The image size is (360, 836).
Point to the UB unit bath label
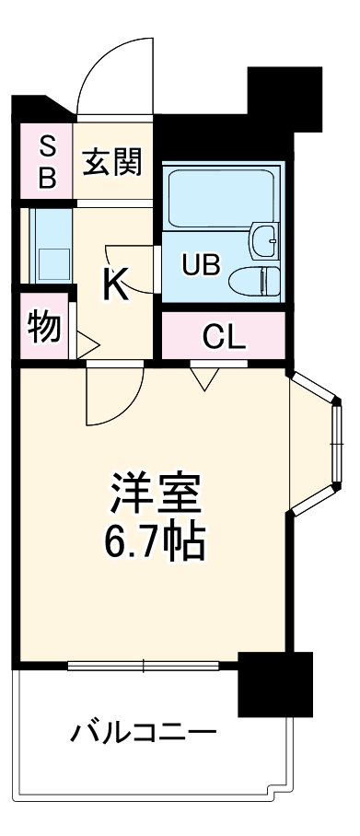[200, 266]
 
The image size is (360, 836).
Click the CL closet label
[224, 337]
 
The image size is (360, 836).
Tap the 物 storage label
[44, 326]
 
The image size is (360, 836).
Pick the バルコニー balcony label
[144, 733]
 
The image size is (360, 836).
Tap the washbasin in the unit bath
[265, 242]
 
